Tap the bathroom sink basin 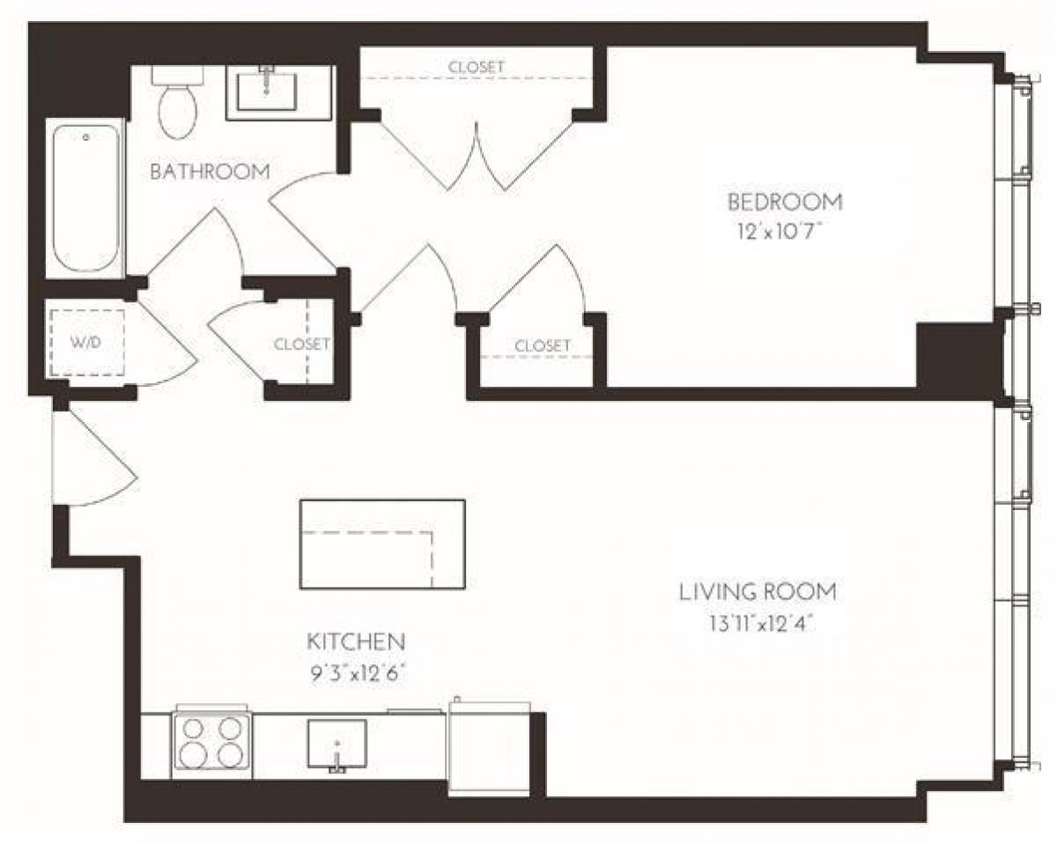coord(267,90)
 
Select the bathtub coord(85,200)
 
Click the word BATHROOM coord(210,172)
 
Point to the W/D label coord(85,343)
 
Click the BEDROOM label coord(784,202)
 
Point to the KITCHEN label coord(355,640)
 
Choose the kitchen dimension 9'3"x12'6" coord(355,673)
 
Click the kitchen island coord(382,544)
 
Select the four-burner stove coord(211,742)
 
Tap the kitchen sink coord(336,744)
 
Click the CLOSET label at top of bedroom coord(477,67)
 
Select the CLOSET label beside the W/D coord(301,344)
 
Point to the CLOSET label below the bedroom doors coord(542,346)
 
